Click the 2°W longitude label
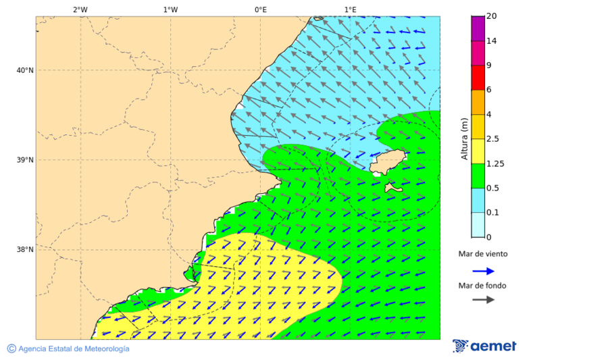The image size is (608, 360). tap(80, 9)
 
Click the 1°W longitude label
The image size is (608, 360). tap(170, 9)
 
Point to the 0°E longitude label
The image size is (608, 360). tap(260, 9)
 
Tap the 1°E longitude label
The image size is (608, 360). tap(350, 9)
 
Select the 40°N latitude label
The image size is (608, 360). tap(25, 70)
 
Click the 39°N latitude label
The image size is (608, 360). tap(25, 160)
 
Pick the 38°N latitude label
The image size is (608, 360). tap(25, 250)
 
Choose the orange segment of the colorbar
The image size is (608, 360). tap(478, 102)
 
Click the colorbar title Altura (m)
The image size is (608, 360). tap(464, 138)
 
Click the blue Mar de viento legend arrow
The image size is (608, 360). tap(483, 271)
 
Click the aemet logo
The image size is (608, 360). tap(484, 346)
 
